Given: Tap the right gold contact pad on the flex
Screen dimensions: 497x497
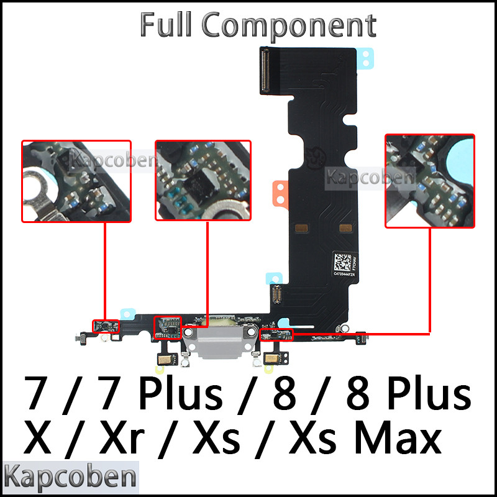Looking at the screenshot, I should click(346, 229).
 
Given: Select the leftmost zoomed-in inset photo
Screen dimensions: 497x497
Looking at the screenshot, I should click(76, 181).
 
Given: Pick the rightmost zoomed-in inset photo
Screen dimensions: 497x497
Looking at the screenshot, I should click(429, 181).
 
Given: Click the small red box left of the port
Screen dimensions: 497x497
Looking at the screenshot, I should click(167, 327).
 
